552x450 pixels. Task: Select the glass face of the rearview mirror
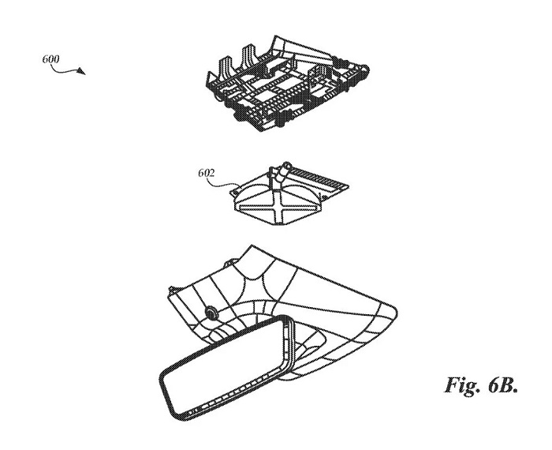224,366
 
